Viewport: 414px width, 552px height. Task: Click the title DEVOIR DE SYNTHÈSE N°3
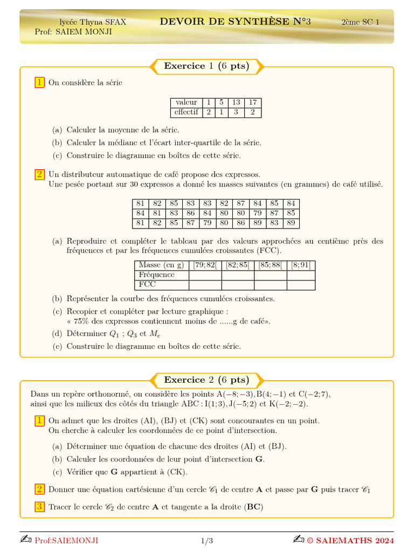[235, 22]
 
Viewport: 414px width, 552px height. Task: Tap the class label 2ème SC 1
[360, 22]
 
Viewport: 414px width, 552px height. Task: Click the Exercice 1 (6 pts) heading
[206, 66]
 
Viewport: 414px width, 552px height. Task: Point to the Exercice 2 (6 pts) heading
[206, 379]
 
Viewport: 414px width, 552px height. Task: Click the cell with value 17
[252, 102]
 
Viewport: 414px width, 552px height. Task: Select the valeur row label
[186, 102]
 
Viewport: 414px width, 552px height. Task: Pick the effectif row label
[186, 112]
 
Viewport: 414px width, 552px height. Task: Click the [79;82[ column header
[205, 265]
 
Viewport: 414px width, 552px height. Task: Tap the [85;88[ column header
[270, 265]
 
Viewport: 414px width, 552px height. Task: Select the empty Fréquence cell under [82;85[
[238, 275]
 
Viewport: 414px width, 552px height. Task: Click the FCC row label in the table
[148, 285]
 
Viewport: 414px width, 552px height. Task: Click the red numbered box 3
[39, 507]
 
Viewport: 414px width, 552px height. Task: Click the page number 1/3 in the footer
[207, 540]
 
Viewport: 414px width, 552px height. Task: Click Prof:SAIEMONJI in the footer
[66, 540]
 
